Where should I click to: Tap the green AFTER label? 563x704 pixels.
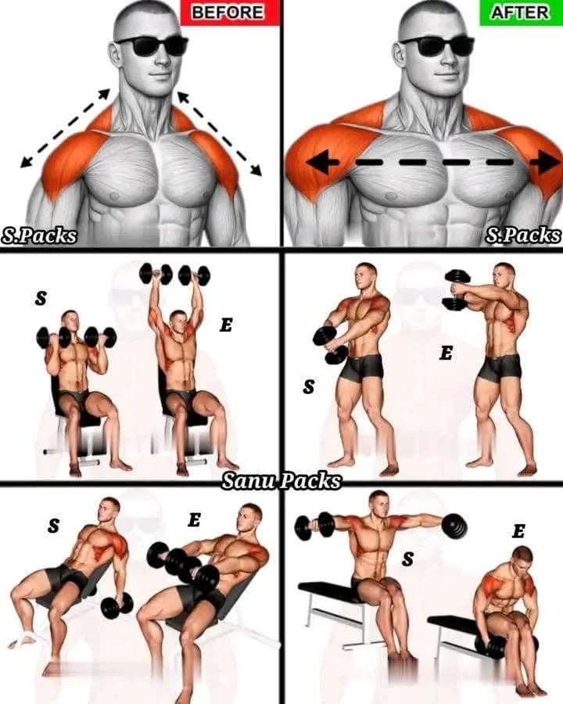519,12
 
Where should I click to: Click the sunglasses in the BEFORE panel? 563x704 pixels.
151,45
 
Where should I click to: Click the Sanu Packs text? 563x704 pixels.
281,480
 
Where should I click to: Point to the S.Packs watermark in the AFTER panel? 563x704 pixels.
523,234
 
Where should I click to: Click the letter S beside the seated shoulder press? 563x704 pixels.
41,297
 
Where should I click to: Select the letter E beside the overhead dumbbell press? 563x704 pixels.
226,325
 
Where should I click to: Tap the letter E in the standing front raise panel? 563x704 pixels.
446,354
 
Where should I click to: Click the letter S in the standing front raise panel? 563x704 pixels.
309,387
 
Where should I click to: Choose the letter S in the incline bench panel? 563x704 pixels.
52,526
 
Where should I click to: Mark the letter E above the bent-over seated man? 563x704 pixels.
518,532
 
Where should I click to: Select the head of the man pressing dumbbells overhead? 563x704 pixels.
178,320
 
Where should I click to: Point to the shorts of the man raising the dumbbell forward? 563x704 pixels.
499,366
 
